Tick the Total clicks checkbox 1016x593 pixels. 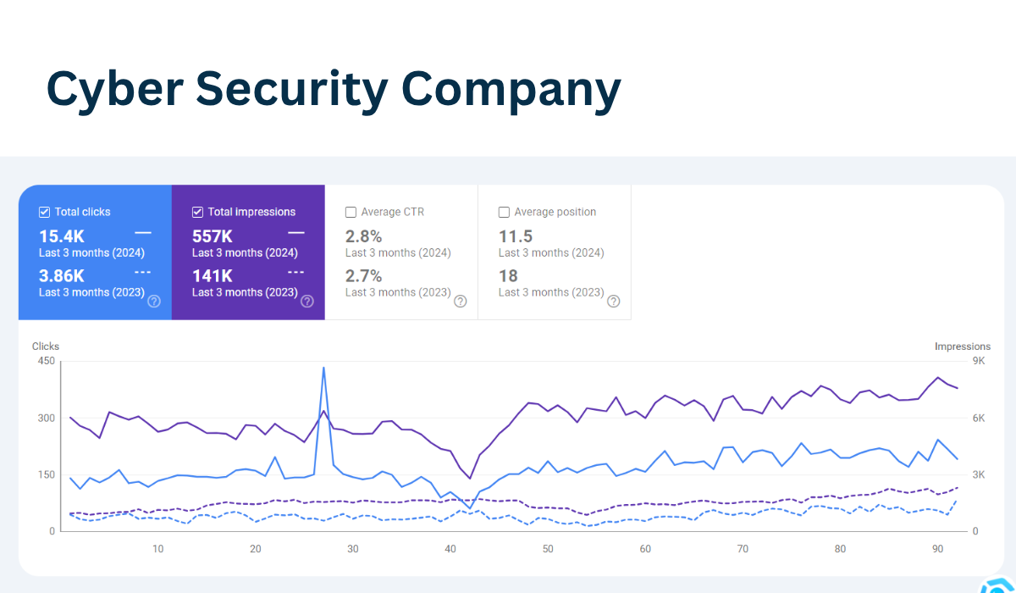(x=45, y=212)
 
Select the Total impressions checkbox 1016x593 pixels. (x=198, y=212)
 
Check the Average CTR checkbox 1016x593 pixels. (x=351, y=212)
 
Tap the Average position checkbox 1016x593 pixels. (x=504, y=212)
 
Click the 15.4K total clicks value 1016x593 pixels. (x=62, y=236)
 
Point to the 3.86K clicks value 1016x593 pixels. (x=62, y=275)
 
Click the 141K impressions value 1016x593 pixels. (x=213, y=275)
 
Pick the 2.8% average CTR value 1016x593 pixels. (x=364, y=236)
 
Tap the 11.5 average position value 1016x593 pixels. (x=516, y=236)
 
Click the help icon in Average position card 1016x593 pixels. (x=614, y=301)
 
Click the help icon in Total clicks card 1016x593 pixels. (x=154, y=301)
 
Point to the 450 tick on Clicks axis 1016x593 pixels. (x=46, y=361)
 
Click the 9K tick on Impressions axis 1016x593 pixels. (x=979, y=361)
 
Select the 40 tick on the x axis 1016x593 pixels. (x=450, y=549)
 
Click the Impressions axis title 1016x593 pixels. (x=962, y=346)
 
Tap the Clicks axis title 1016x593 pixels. (x=46, y=346)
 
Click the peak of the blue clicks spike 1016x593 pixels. (x=323, y=368)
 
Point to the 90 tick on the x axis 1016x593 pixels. (x=938, y=549)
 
